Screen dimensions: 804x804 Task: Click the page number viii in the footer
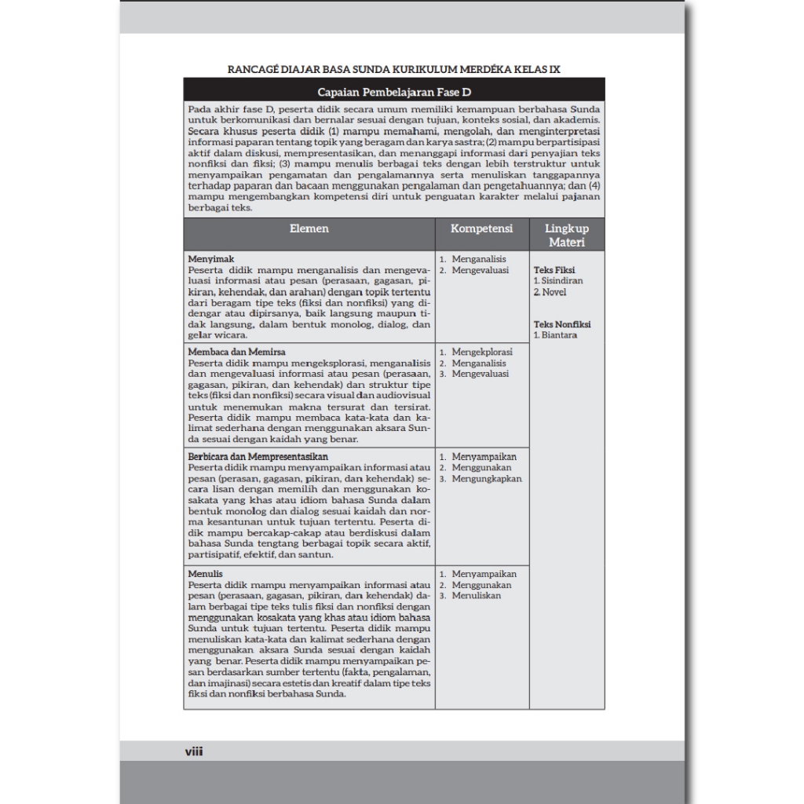194,751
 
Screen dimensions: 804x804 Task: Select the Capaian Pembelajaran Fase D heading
393,92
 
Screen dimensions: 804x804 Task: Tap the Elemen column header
309,228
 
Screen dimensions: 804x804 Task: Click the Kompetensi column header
482,228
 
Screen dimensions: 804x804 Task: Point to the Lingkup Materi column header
567,235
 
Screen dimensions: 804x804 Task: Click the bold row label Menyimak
205,258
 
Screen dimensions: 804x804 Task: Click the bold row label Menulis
205,574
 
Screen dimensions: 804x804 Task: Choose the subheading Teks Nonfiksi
562,323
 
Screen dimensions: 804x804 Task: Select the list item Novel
554,292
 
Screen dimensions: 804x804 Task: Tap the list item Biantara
559,335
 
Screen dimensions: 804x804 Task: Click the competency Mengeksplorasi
482,353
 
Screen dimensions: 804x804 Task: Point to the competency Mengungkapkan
486,478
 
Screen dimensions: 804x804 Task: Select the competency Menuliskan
477,596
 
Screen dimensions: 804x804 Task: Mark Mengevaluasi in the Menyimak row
480,270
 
